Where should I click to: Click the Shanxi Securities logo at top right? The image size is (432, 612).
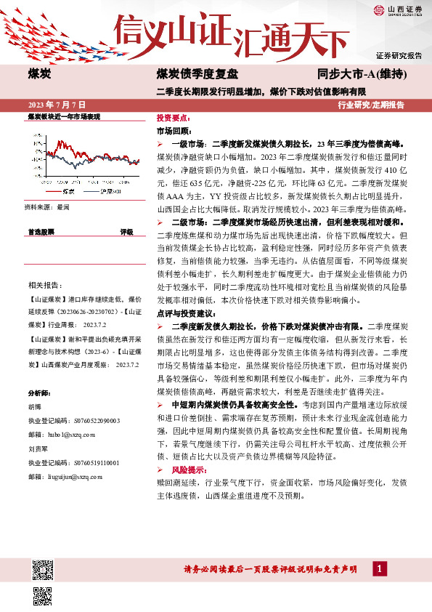[398, 10]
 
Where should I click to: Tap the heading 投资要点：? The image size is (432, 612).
[174, 117]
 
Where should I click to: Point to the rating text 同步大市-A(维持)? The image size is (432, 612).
[362, 75]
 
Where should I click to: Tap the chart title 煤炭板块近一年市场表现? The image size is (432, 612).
[63, 116]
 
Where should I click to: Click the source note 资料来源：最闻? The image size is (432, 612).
[47, 207]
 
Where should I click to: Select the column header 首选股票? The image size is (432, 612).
[41, 233]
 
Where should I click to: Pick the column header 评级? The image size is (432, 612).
[126, 233]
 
